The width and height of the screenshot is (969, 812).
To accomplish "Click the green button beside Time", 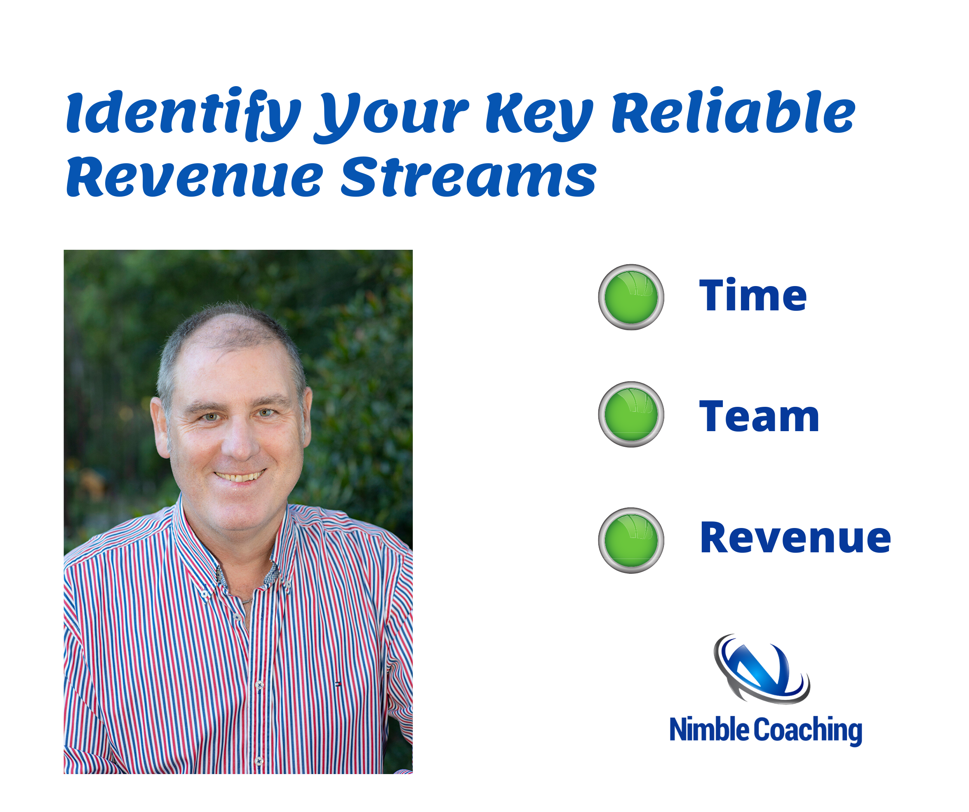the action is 631,297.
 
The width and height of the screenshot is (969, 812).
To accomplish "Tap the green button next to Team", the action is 631,414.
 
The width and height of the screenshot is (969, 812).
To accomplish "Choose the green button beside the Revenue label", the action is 631,540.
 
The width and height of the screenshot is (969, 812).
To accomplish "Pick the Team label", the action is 759,416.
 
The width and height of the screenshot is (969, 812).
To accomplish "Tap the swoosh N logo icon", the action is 761,669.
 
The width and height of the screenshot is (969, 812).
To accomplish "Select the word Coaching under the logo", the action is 808,731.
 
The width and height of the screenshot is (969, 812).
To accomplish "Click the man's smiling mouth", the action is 240,476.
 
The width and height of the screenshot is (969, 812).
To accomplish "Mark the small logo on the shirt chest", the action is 338,684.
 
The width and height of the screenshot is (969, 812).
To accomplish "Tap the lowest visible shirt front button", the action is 259,760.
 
